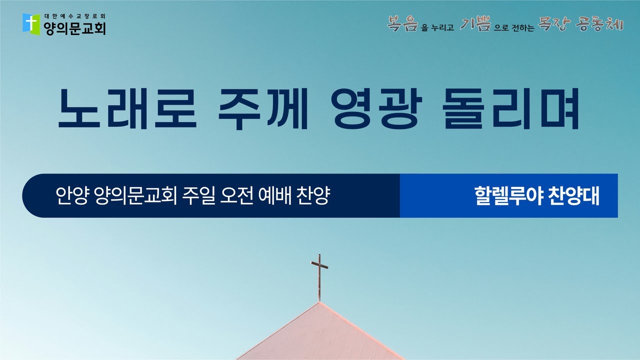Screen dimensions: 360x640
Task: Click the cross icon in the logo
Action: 31,23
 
